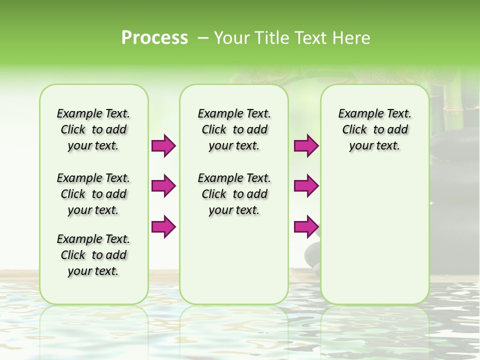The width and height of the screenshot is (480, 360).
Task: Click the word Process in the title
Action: (154, 38)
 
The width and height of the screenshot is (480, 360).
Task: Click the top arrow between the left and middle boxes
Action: (163, 146)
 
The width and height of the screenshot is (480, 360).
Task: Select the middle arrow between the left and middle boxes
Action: (163, 186)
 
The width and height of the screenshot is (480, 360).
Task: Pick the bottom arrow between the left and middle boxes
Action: (163, 227)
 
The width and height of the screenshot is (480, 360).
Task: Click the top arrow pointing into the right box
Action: (306, 146)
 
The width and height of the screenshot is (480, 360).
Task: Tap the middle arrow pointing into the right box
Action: (306, 186)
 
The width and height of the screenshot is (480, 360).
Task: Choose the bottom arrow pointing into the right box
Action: (306, 227)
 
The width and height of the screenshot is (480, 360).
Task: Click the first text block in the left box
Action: (93, 129)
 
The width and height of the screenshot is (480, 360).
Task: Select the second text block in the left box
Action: (93, 194)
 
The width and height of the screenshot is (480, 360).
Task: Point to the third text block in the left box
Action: (93, 255)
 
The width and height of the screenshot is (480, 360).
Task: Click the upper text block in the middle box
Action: (234, 129)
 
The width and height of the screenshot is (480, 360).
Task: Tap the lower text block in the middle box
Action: (234, 194)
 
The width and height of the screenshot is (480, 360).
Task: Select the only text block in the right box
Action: (375, 129)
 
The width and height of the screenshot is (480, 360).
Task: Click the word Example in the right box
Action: (357, 114)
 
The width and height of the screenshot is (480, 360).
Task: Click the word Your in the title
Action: (230, 38)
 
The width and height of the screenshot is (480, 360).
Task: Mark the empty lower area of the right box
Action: (375, 235)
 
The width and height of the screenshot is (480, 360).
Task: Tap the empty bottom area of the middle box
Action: (234, 265)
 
